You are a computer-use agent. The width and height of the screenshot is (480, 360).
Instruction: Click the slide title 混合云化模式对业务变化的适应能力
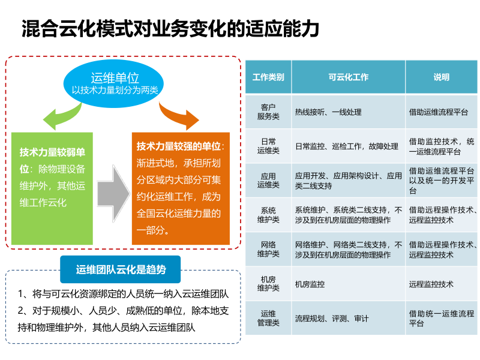(x=170, y=28)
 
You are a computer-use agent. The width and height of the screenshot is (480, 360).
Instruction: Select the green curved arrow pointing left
(x=55, y=117)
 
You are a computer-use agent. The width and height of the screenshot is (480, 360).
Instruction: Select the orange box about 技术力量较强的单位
(x=181, y=188)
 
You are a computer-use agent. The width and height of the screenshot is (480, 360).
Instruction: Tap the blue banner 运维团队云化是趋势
(x=121, y=269)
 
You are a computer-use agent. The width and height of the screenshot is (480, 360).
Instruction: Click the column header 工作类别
(x=268, y=77)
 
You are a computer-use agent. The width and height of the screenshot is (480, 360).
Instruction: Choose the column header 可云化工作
(x=348, y=77)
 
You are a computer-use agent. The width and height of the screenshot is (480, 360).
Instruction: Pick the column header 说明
(x=441, y=77)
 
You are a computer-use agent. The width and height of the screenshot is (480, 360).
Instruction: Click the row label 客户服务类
(x=268, y=112)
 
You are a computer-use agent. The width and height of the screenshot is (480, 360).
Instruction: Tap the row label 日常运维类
(x=268, y=146)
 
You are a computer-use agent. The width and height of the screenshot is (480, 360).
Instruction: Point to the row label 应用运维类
(x=268, y=181)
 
